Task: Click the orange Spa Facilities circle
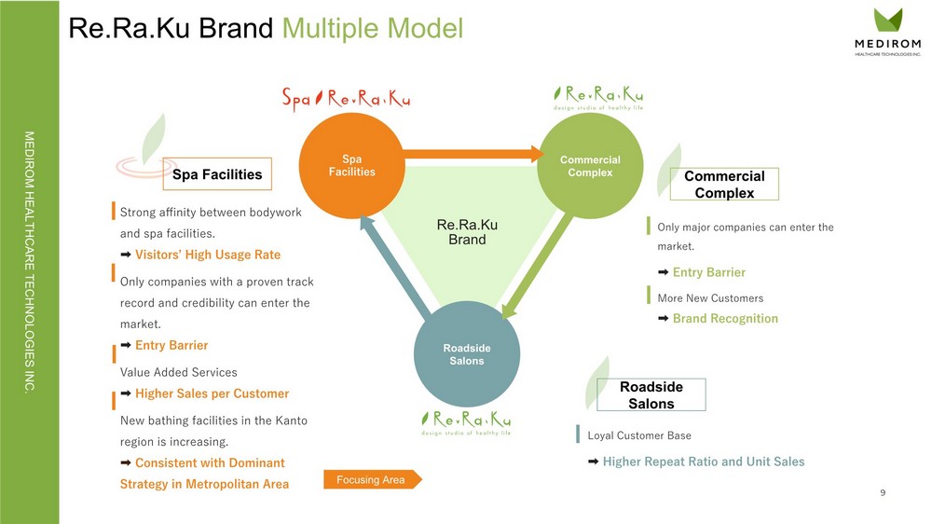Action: tap(351, 165)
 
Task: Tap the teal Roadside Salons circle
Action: tap(465, 354)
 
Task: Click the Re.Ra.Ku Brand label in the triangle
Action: tap(467, 232)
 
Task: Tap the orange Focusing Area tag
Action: tap(372, 479)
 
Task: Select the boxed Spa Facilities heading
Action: tap(217, 173)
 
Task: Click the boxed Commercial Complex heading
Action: tap(724, 184)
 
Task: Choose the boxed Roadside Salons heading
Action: tap(651, 394)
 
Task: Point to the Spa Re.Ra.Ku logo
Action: tap(346, 99)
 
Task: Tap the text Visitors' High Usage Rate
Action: tap(207, 255)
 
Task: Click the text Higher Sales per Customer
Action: tap(212, 393)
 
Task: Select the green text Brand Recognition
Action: tap(724, 318)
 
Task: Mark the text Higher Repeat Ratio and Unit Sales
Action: tap(703, 462)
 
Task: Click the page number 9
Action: tap(883, 492)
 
